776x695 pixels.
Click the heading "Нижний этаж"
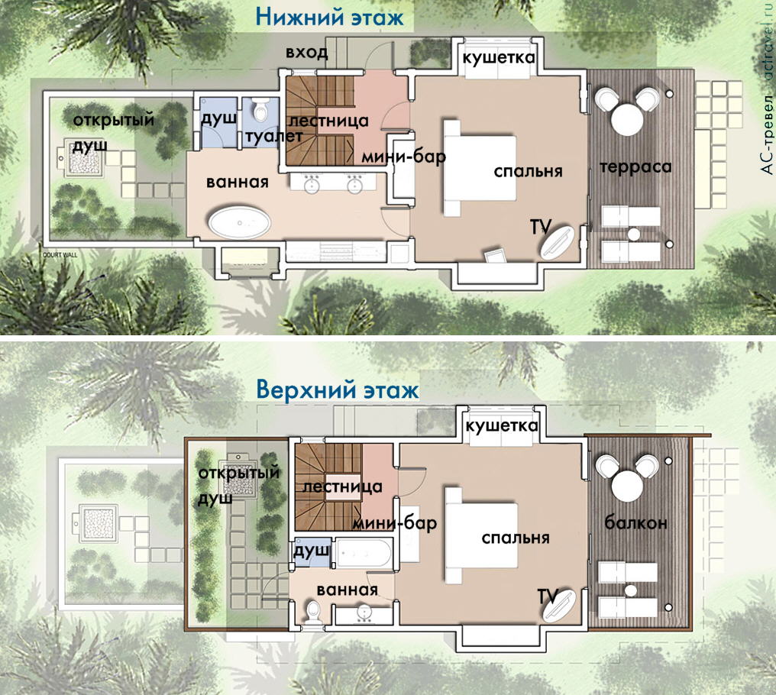coord(329,16)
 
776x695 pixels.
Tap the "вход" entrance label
coord(307,53)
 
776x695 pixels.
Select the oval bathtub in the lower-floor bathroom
coord(240,223)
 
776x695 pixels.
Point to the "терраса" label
coord(635,166)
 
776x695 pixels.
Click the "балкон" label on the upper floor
coord(635,523)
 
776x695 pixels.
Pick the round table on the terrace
coord(628,118)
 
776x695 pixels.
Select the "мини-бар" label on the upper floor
coord(394,523)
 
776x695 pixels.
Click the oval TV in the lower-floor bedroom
coord(558,242)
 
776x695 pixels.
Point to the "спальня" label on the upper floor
coord(516,538)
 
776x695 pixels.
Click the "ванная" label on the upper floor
coord(347,590)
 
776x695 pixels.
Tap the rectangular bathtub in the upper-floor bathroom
coord(364,551)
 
